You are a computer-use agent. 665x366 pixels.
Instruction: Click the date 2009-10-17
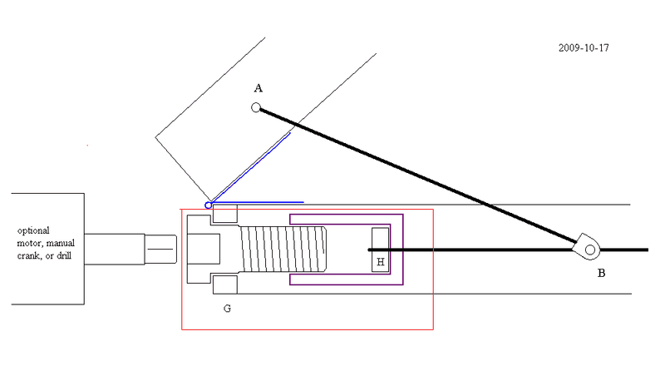click(x=584, y=48)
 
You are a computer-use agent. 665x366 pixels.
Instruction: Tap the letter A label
click(x=259, y=88)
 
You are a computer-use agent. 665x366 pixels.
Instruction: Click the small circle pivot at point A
click(x=256, y=107)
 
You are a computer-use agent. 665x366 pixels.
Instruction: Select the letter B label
click(x=601, y=274)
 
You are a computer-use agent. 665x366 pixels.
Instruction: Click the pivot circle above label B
click(x=590, y=250)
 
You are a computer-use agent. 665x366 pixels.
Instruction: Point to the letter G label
click(x=227, y=309)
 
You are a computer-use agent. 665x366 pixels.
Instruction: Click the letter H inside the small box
click(x=381, y=262)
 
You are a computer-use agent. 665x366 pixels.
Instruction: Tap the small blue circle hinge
click(x=209, y=205)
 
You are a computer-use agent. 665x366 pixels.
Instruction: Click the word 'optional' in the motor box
click(x=33, y=231)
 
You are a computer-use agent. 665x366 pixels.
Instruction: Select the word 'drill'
click(x=64, y=255)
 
